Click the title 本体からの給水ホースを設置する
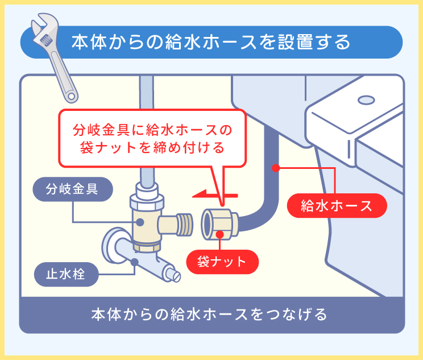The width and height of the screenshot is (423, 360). (210, 43)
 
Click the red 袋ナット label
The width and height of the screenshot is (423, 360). (222, 262)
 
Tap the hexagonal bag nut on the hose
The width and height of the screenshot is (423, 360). (219, 223)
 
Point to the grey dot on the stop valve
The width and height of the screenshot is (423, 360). (135, 262)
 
